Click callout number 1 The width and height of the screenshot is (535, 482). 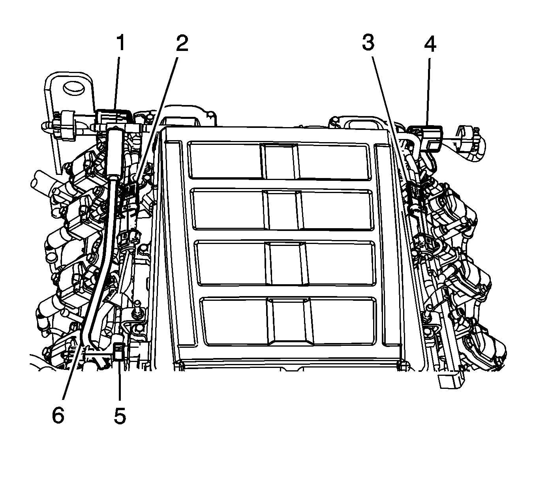point(120,43)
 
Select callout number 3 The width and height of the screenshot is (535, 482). point(368,43)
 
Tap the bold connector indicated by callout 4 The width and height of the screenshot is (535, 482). point(427,137)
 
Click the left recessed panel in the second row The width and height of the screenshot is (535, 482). point(228,210)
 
